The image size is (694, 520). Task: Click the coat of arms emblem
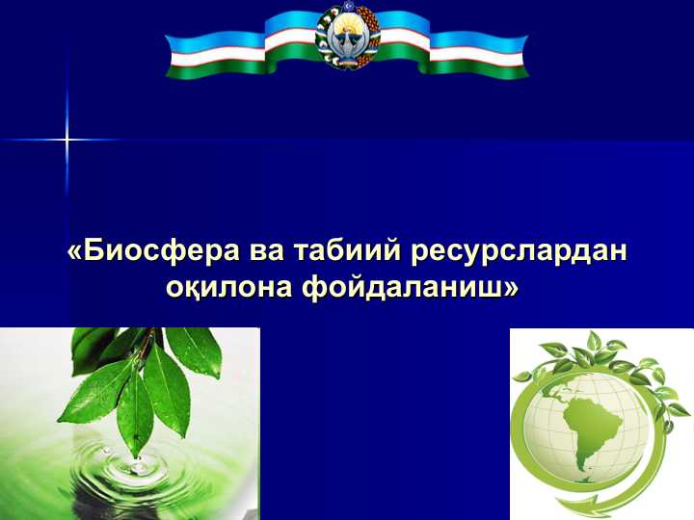click(x=348, y=36)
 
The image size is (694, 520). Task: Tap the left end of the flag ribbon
click(x=178, y=56)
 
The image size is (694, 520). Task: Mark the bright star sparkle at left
click(x=67, y=140)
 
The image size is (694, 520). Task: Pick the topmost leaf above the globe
click(x=594, y=340)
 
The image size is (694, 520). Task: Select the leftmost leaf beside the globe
click(x=523, y=377)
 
